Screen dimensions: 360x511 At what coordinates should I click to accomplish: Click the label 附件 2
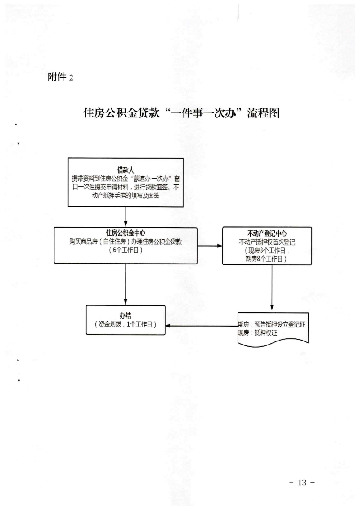60,77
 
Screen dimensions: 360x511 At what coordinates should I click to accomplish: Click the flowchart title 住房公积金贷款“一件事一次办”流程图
182,113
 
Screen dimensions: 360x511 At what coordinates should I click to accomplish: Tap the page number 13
302,482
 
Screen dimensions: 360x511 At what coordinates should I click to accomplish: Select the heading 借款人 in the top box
126,170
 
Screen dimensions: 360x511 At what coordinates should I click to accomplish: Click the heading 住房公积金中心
126,233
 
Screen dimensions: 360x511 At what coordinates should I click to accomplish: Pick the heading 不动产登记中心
267,233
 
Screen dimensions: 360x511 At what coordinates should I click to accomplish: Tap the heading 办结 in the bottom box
126,315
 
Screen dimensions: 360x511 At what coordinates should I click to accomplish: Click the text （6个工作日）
126,250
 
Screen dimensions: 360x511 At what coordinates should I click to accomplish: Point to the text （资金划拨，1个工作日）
126,324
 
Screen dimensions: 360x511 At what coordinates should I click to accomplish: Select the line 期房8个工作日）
266,259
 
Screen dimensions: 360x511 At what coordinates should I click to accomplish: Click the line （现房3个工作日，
267,251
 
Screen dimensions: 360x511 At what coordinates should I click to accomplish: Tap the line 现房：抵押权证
257,333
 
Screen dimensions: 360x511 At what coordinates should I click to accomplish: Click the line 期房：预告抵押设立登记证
272,324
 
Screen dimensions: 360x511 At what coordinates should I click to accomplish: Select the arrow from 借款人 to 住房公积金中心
126,217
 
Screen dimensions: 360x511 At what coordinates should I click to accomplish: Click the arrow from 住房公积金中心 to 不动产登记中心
210,246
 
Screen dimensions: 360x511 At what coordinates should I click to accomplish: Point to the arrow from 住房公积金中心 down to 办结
126,284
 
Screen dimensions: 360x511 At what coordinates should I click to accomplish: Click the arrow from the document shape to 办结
202,326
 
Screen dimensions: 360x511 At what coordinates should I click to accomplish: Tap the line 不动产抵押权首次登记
267,242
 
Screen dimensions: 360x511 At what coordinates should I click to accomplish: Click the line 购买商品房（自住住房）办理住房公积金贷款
126,242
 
